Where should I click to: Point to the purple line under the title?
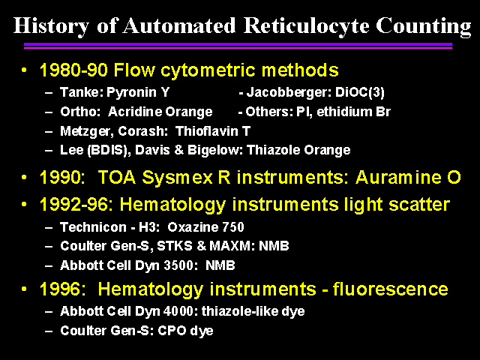[238, 46]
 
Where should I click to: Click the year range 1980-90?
[73, 70]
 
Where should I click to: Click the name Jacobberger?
[289, 92]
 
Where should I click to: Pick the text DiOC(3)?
[360, 92]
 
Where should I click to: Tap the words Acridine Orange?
[160, 112]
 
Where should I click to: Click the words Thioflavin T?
[213, 131]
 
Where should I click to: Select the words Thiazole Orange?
[298, 150]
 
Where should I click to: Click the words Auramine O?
[408, 177]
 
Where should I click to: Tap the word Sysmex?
[177, 178]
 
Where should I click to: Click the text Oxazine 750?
[205, 227]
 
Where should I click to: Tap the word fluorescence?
[390, 289]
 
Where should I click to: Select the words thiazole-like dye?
[253, 311]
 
